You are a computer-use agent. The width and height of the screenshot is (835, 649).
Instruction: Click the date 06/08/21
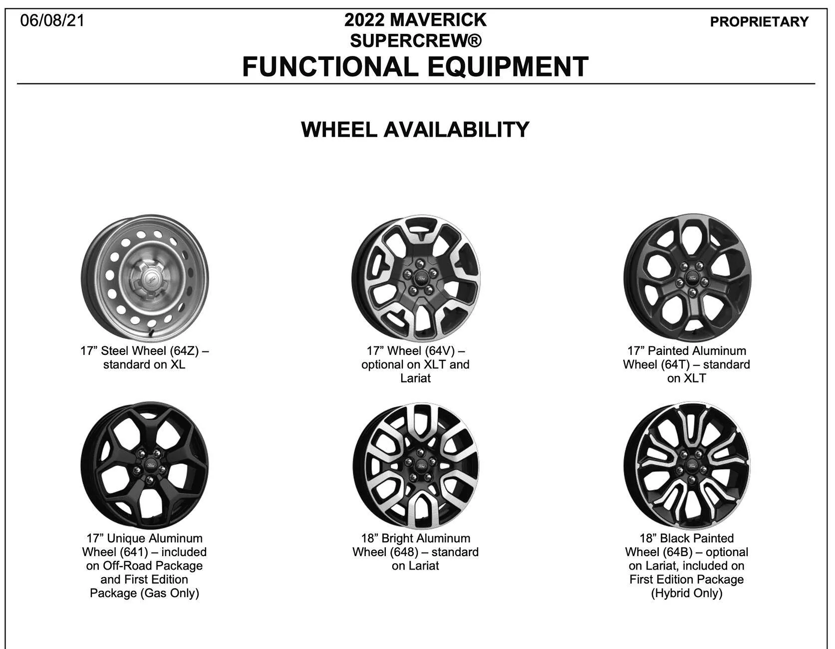pos(52,20)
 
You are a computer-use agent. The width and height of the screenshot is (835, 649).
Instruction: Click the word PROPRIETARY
pos(759,22)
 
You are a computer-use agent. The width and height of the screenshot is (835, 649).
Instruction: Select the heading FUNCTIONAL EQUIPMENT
pos(415,67)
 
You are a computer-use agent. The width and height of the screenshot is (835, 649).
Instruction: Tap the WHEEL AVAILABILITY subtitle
pos(415,129)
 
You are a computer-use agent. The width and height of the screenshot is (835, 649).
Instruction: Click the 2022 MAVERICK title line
pos(415,20)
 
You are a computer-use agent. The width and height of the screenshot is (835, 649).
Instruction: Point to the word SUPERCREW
pos(410,40)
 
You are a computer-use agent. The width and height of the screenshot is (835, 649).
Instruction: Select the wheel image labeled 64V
pos(415,279)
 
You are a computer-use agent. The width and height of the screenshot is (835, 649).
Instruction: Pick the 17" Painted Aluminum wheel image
pos(687,279)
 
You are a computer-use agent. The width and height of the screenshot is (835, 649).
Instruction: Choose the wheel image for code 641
pos(145,465)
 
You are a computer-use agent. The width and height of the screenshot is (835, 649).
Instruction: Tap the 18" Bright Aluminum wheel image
pos(415,465)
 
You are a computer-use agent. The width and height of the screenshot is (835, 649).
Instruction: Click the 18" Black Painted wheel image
pos(687,465)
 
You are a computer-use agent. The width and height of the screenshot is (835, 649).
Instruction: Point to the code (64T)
pos(677,364)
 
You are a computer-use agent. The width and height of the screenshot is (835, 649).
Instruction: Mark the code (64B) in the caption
pos(678,552)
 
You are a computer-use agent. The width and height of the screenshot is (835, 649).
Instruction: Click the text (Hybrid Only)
pos(687,593)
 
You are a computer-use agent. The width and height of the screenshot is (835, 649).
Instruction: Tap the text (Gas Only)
pos(170,593)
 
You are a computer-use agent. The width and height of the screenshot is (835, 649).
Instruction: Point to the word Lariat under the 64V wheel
pos(415,378)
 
